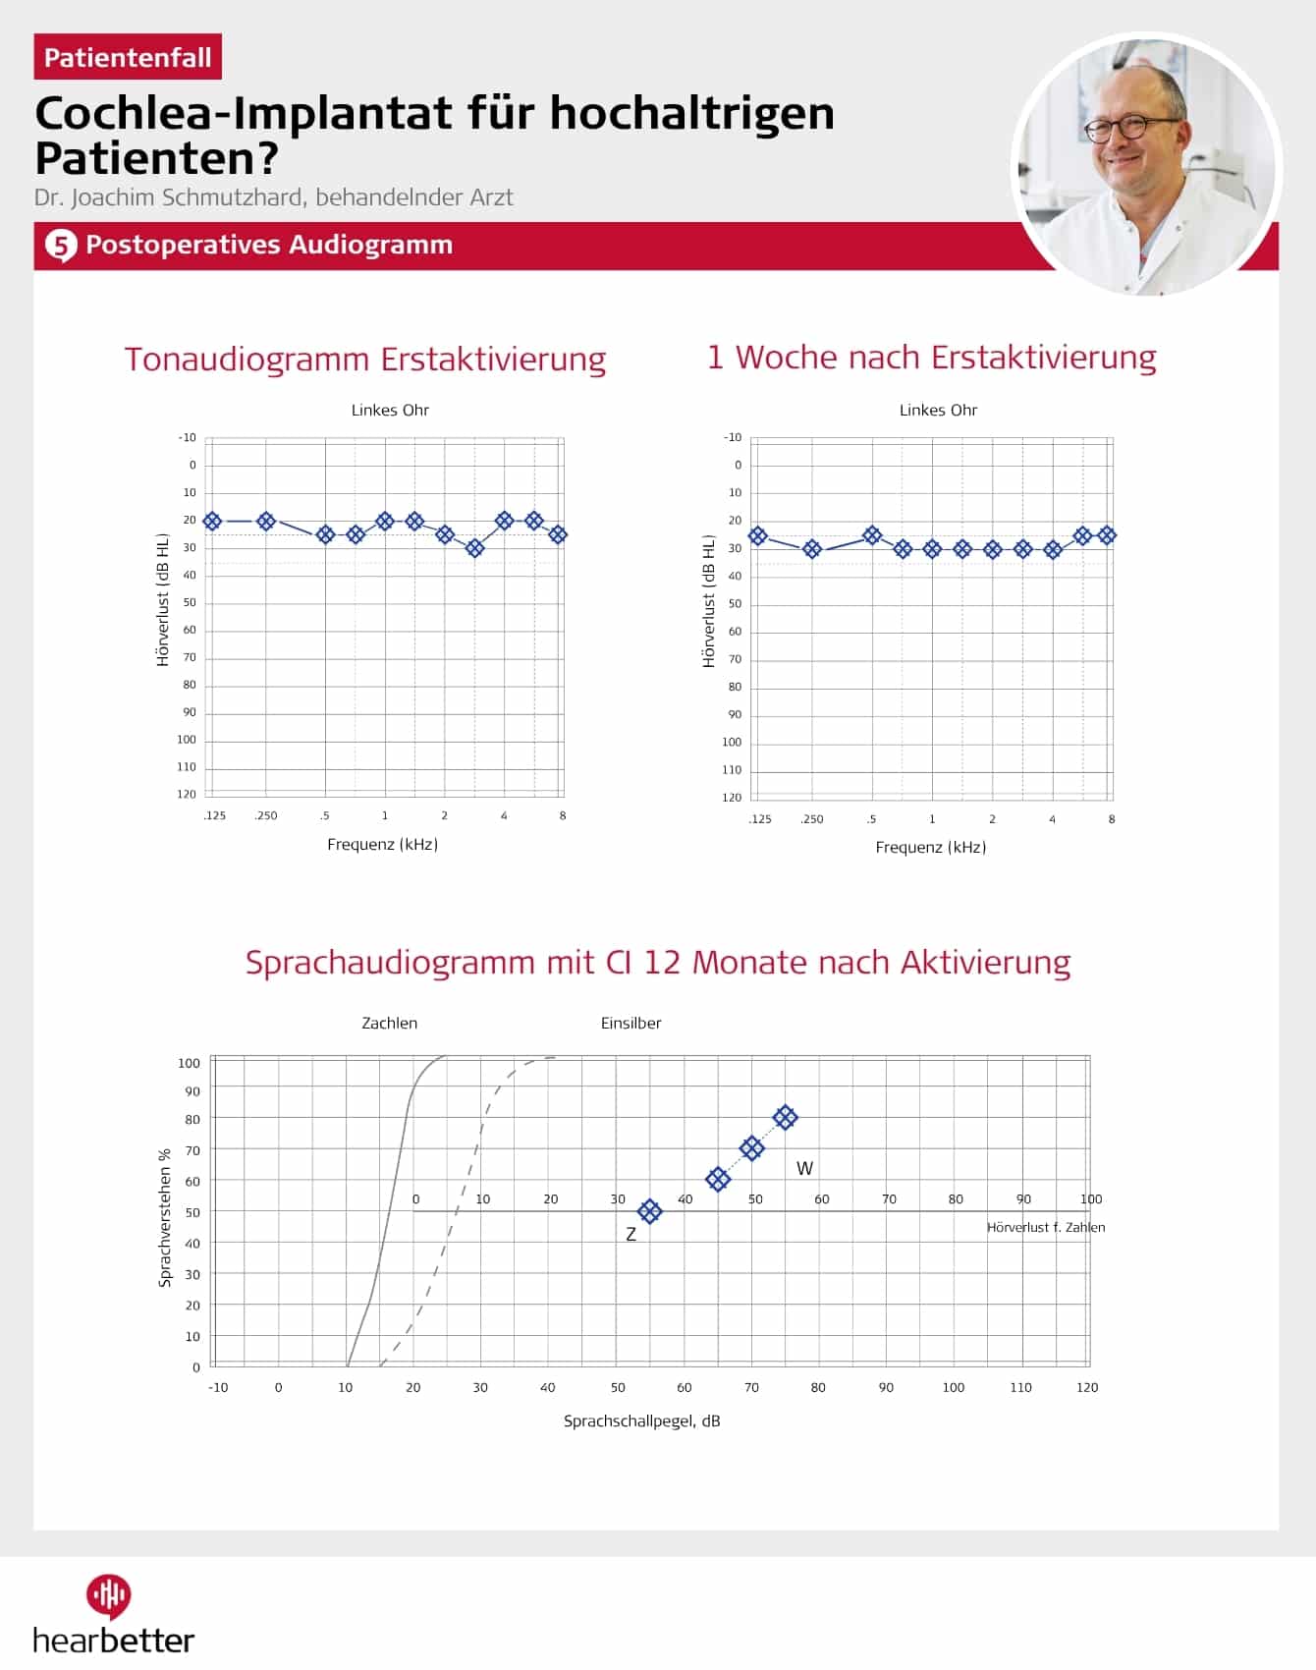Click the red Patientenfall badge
(x=128, y=57)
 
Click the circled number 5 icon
(x=61, y=246)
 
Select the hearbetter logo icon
(x=108, y=1596)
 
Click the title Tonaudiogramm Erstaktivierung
(x=365, y=359)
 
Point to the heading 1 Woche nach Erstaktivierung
(x=932, y=357)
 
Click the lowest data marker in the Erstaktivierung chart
(x=474, y=548)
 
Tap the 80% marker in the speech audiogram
(x=785, y=1117)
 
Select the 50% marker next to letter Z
(x=649, y=1211)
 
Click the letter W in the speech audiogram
(x=804, y=1168)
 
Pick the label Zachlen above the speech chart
(x=390, y=1023)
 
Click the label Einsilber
(x=631, y=1023)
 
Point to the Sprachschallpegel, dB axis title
(x=641, y=1420)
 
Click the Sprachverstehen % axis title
(x=165, y=1218)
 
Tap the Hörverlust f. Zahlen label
(x=1046, y=1227)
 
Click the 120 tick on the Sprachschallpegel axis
(x=1087, y=1387)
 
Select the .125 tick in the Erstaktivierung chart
(x=214, y=815)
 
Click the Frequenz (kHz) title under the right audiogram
(x=931, y=847)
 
